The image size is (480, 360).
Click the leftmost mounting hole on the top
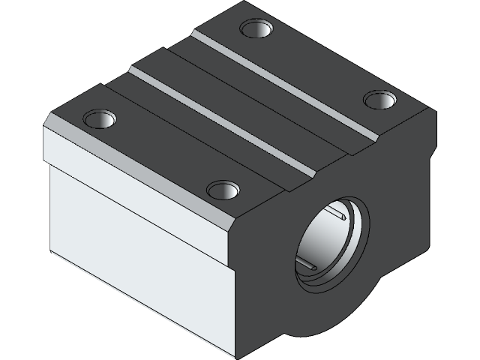tap(100, 118)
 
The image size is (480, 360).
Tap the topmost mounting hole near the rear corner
tap(256, 29)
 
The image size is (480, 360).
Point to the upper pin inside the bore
tap(342, 217)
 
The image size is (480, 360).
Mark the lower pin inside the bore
tap(309, 263)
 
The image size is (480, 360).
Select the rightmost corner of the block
tap(436, 112)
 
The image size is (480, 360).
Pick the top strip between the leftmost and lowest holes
tap(161, 154)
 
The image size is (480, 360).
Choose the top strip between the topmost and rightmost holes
tap(319, 64)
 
